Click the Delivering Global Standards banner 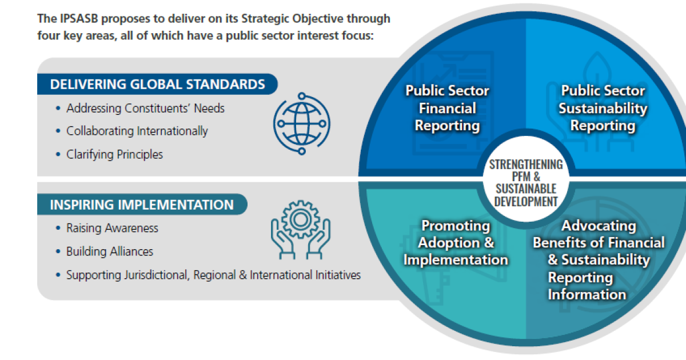click(157, 84)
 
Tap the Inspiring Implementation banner click(142, 205)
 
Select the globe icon click(302, 123)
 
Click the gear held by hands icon click(301, 230)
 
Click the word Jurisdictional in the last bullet click(157, 275)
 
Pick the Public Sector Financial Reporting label click(448, 108)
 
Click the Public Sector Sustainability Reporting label click(603, 108)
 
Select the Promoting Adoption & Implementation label click(456, 243)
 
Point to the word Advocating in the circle click(599, 226)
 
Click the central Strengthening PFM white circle click(526, 179)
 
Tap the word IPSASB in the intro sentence click(79, 19)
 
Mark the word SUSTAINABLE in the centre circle click(526, 189)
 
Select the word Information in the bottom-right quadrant click(587, 294)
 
